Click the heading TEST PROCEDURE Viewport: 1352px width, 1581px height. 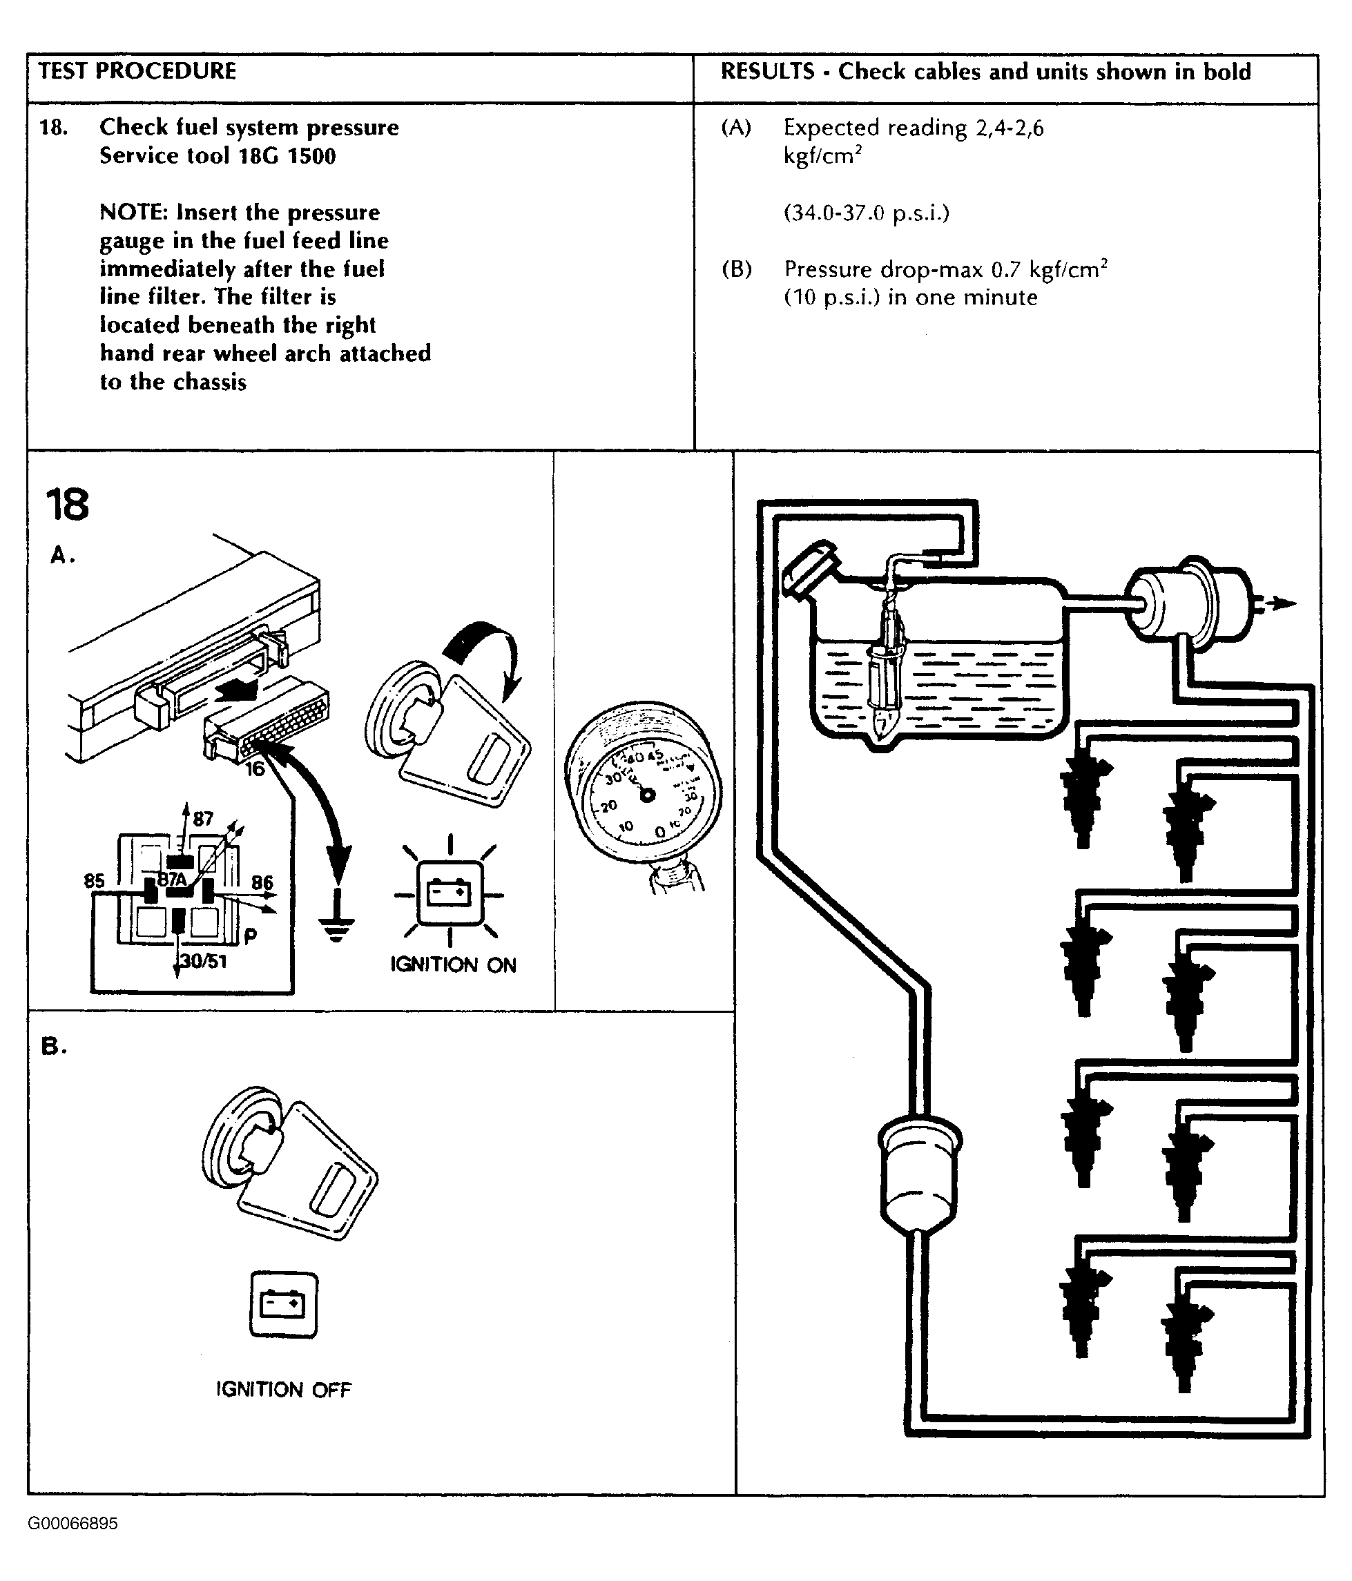pyautogui.click(x=137, y=71)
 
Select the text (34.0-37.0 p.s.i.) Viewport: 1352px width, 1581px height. pyautogui.click(x=866, y=212)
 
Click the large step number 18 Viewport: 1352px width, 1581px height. pyautogui.click(x=67, y=505)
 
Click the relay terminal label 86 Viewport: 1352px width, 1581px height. pyautogui.click(x=262, y=883)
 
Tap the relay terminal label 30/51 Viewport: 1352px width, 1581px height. pyautogui.click(x=204, y=960)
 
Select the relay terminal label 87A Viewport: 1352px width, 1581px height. pyautogui.click(x=172, y=879)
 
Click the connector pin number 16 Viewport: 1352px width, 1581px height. pyautogui.click(x=255, y=768)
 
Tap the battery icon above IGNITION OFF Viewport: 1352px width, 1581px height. pyautogui.click(x=283, y=1305)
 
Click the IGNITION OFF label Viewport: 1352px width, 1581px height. pyautogui.click(x=283, y=1390)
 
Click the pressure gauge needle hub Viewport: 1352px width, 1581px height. pyautogui.click(x=647, y=795)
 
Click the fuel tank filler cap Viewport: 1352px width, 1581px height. pyautogui.click(x=809, y=567)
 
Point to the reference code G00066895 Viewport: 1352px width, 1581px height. pyautogui.click(x=73, y=1524)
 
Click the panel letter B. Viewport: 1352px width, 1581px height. pyautogui.click(x=53, y=1046)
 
